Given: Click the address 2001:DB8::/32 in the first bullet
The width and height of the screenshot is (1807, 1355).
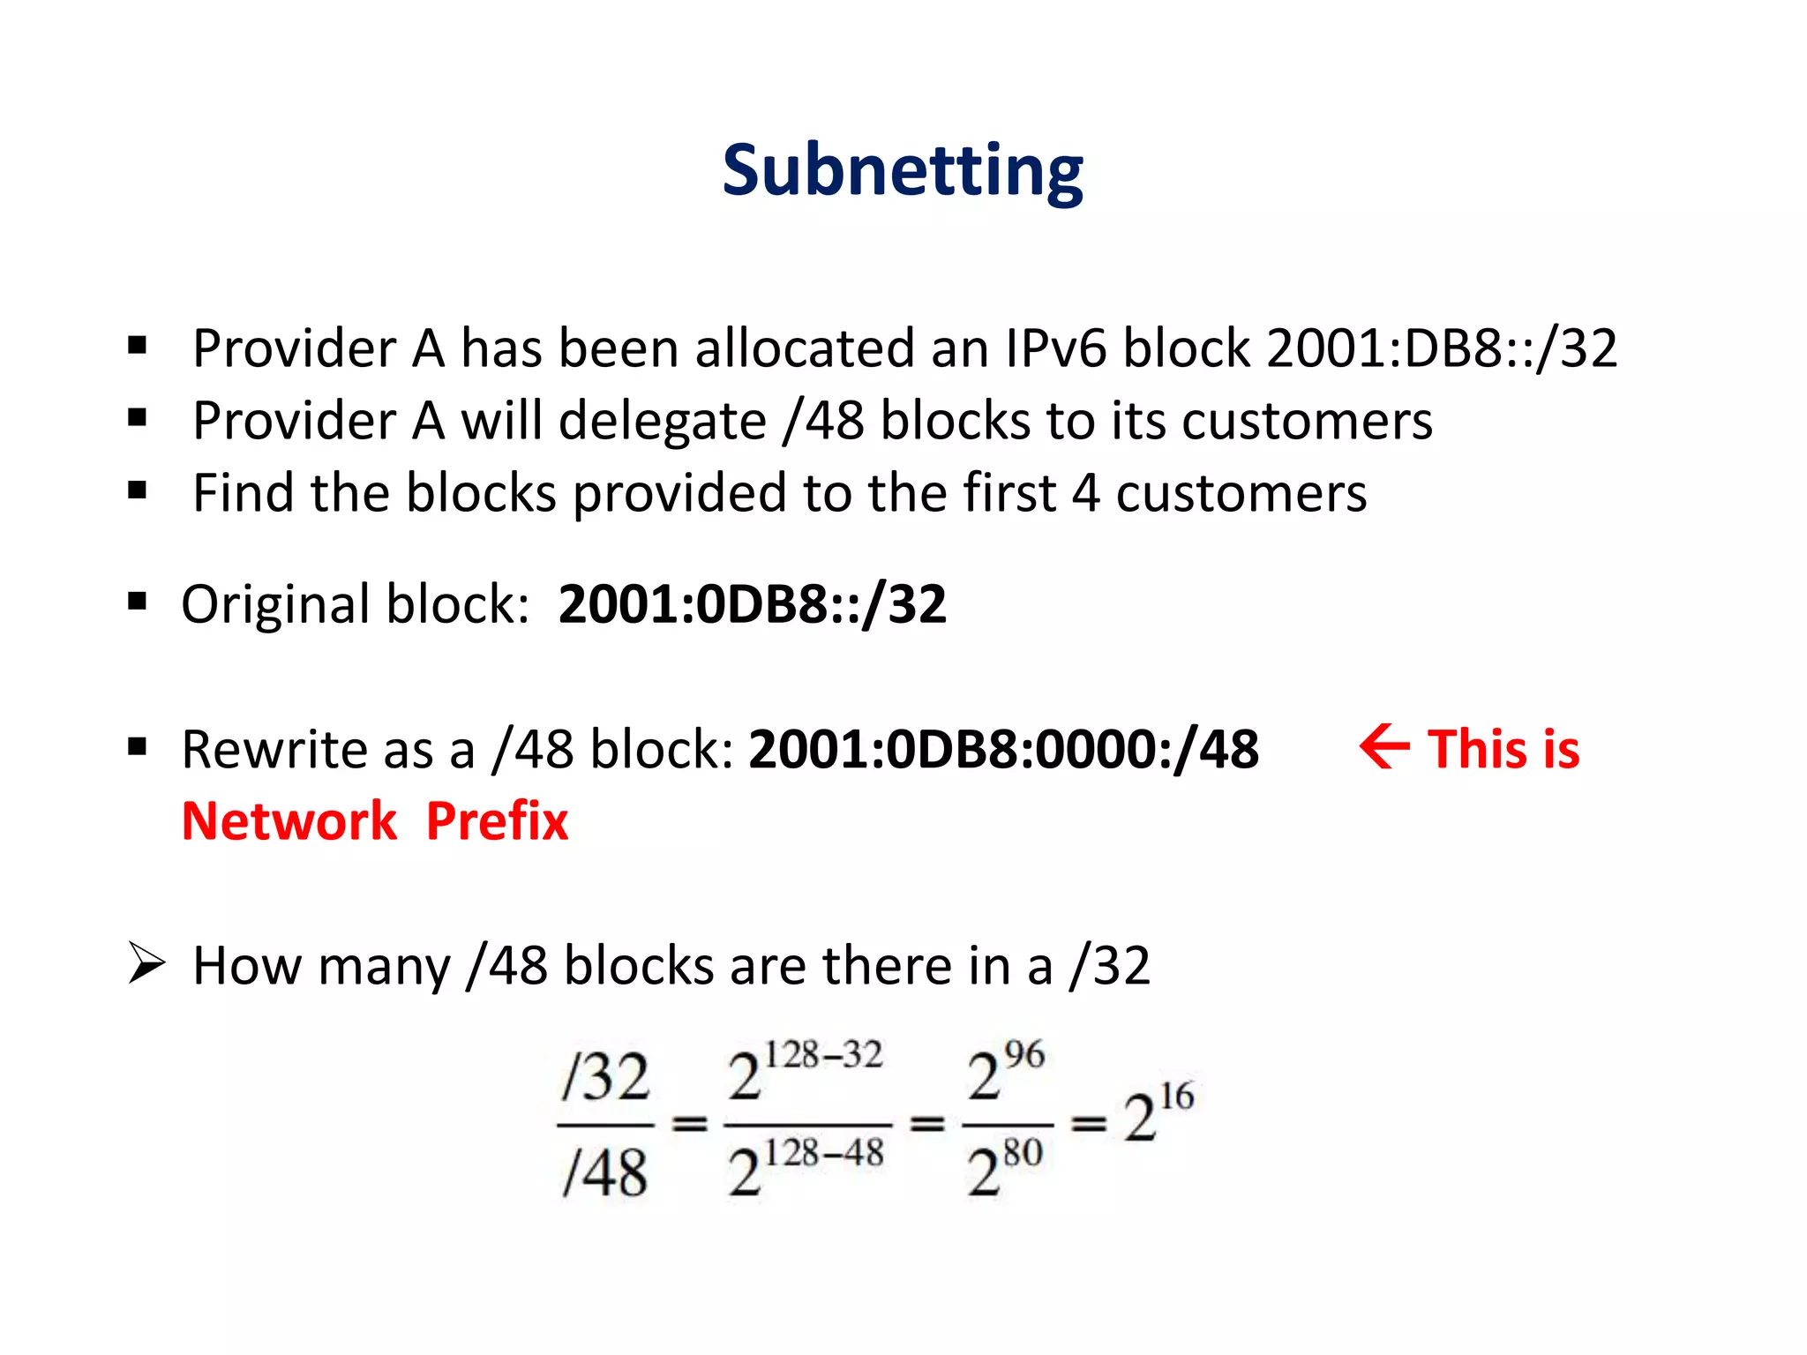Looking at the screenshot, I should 1442,348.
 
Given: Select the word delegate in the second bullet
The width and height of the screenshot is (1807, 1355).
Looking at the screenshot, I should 663,421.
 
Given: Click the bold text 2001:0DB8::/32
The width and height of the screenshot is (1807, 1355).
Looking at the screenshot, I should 752,604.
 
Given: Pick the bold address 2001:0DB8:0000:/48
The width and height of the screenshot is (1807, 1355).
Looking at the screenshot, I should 1003,749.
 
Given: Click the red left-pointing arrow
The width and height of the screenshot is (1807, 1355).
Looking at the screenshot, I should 1383,747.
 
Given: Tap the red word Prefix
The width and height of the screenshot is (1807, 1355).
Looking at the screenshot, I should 497,821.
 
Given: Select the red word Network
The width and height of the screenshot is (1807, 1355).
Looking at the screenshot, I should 289,821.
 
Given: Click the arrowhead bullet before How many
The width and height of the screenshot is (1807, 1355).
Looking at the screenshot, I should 146,962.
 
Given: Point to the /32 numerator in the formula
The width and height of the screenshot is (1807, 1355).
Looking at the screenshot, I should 605,1077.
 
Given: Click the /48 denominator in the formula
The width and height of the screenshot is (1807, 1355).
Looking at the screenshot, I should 605,1173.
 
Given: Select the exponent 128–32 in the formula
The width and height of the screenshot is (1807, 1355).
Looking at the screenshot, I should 822,1055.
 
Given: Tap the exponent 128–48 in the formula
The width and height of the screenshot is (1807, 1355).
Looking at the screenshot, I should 822,1153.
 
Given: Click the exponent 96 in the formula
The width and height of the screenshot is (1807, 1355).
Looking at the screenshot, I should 1023,1054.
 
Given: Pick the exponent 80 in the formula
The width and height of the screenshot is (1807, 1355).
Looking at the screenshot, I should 1023,1152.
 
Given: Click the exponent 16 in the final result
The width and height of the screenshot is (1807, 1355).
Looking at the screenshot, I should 1176,1097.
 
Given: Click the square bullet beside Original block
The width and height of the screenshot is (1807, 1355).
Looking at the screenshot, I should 137,603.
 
